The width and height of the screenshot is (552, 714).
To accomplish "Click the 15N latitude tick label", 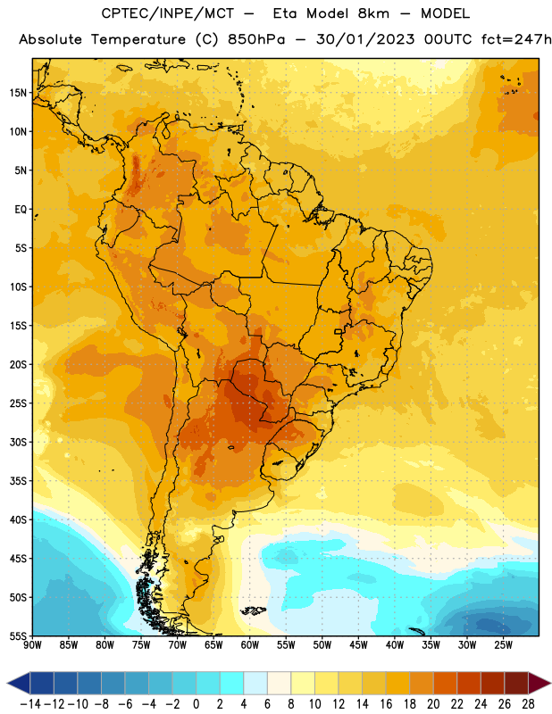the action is pyautogui.click(x=18, y=93).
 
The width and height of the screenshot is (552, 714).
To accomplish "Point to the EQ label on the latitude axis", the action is pyautogui.click(x=21, y=210).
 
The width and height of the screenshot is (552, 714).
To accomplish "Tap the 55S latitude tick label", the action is pyautogui.click(x=18, y=635).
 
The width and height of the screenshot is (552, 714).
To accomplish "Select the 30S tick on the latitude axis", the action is pyautogui.click(x=18, y=442).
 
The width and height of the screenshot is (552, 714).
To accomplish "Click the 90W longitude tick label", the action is pyautogui.click(x=32, y=645).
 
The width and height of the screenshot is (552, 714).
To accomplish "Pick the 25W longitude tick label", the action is pyautogui.click(x=503, y=645).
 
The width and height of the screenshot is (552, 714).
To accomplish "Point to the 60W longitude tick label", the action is pyautogui.click(x=250, y=645).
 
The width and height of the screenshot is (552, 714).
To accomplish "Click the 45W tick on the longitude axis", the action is pyautogui.click(x=358, y=645).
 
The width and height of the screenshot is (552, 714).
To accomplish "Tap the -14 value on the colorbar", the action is pyautogui.click(x=30, y=704).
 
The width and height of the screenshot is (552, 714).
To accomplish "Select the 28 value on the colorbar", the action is pyautogui.click(x=528, y=704).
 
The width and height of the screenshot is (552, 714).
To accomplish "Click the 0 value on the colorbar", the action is pyautogui.click(x=196, y=704).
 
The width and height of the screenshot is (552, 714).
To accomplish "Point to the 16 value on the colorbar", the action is pyautogui.click(x=386, y=704).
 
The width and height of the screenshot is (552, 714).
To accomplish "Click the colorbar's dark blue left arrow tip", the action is pyautogui.click(x=7, y=683).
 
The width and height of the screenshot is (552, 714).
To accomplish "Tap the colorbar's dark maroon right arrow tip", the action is pyautogui.click(x=550, y=683).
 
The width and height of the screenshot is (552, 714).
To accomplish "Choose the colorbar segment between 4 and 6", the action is pyautogui.click(x=255, y=683).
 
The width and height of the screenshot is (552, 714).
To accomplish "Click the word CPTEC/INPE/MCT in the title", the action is pyautogui.click(x=168, y=13).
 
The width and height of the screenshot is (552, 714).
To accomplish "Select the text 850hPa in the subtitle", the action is pyautogui.click(x=256, y=39).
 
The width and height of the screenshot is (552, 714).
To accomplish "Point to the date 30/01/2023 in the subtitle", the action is pyautogui.click(x=365, y=39).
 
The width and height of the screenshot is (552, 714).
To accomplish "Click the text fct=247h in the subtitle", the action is pyautogui.click(x=516, y=39).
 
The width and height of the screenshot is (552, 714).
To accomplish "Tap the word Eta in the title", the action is pyautogui.click(x=286, y=13).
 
